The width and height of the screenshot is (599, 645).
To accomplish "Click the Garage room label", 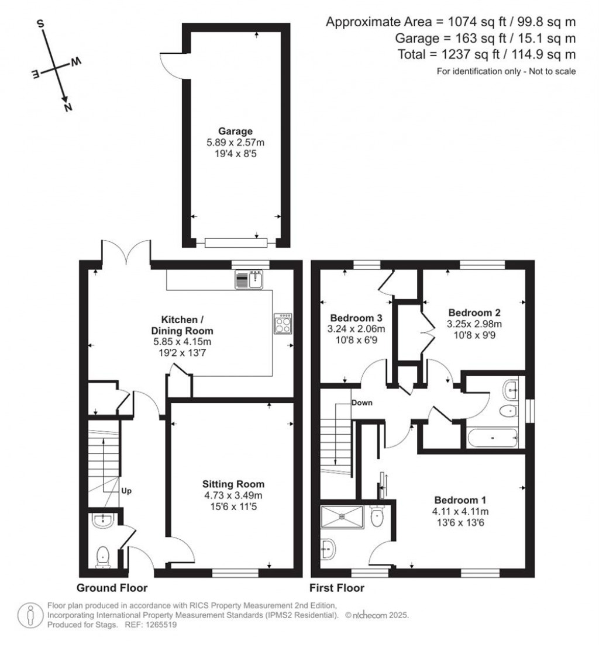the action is [x=235, y=131].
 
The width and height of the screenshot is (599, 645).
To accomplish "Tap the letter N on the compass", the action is [x=68, y=107].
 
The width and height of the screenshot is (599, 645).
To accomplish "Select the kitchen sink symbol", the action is [x=249, y=280].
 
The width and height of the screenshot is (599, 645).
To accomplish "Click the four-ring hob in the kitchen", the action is [x=284, y=323].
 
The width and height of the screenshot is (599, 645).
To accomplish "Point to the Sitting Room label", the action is [x=233, y=484].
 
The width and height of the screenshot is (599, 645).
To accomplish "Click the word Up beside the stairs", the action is [x=126, y=491].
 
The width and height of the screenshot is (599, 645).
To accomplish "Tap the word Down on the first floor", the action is [x=362, y=403].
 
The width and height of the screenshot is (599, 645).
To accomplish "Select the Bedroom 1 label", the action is [x=460, y=500].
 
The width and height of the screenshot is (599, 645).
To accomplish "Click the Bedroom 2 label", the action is [x=474, y=313].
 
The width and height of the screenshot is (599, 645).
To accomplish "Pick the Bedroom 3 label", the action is [x=356, y=318].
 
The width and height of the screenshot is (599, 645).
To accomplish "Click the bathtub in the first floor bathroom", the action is [x=492, y=438].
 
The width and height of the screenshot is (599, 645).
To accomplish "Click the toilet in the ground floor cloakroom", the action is [x=102, y=557].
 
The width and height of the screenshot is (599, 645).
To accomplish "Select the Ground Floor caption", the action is [x=112, y=588].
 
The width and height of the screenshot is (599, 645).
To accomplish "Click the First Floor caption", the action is [x=337, y=588].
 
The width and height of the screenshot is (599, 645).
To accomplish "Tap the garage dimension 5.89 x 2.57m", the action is [x=235, y=143].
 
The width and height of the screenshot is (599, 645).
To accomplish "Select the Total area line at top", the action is [x=487, y=54].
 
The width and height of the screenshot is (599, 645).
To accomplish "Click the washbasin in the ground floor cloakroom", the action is [x=102, y=521].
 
